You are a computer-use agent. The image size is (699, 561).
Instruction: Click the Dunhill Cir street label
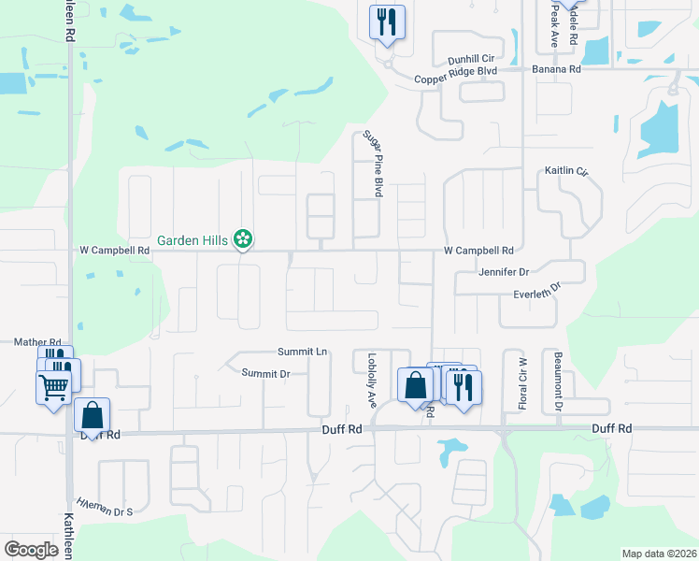pyautogui.click(x=476, y=58)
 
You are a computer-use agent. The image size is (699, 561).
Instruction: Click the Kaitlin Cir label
pyautogui.click(x=567, y=172)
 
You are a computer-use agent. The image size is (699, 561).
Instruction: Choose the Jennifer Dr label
pyautogui.click(x=504, y=272)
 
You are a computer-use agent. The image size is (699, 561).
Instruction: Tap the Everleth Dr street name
pyautogui.click(x=536, y=292)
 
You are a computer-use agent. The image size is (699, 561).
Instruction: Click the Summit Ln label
pyautogui.click(x=302, y=352)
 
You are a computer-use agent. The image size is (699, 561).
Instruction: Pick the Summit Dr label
pyautogui.click(x=265, y=373)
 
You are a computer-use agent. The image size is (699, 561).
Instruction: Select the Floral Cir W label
pyautogui.click(x=522, y=383)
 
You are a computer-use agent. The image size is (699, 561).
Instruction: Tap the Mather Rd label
pyautogui.click(x=37, y=343)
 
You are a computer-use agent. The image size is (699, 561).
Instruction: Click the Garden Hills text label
pyautogui.click(x=193, y=240)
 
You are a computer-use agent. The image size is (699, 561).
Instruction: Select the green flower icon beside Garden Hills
pyautogui.click(x=243, y=239)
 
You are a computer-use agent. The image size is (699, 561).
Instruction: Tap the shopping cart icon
pyautogui.click(x=53, y=386)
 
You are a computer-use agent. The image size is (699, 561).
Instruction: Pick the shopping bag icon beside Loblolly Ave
pyautogui.click(x=415, y=384)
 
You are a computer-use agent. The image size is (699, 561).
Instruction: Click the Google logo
pyautogui.click(x=31, y=549)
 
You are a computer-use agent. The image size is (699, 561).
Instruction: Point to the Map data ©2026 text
pyautogui.click(x=659, y=554)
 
